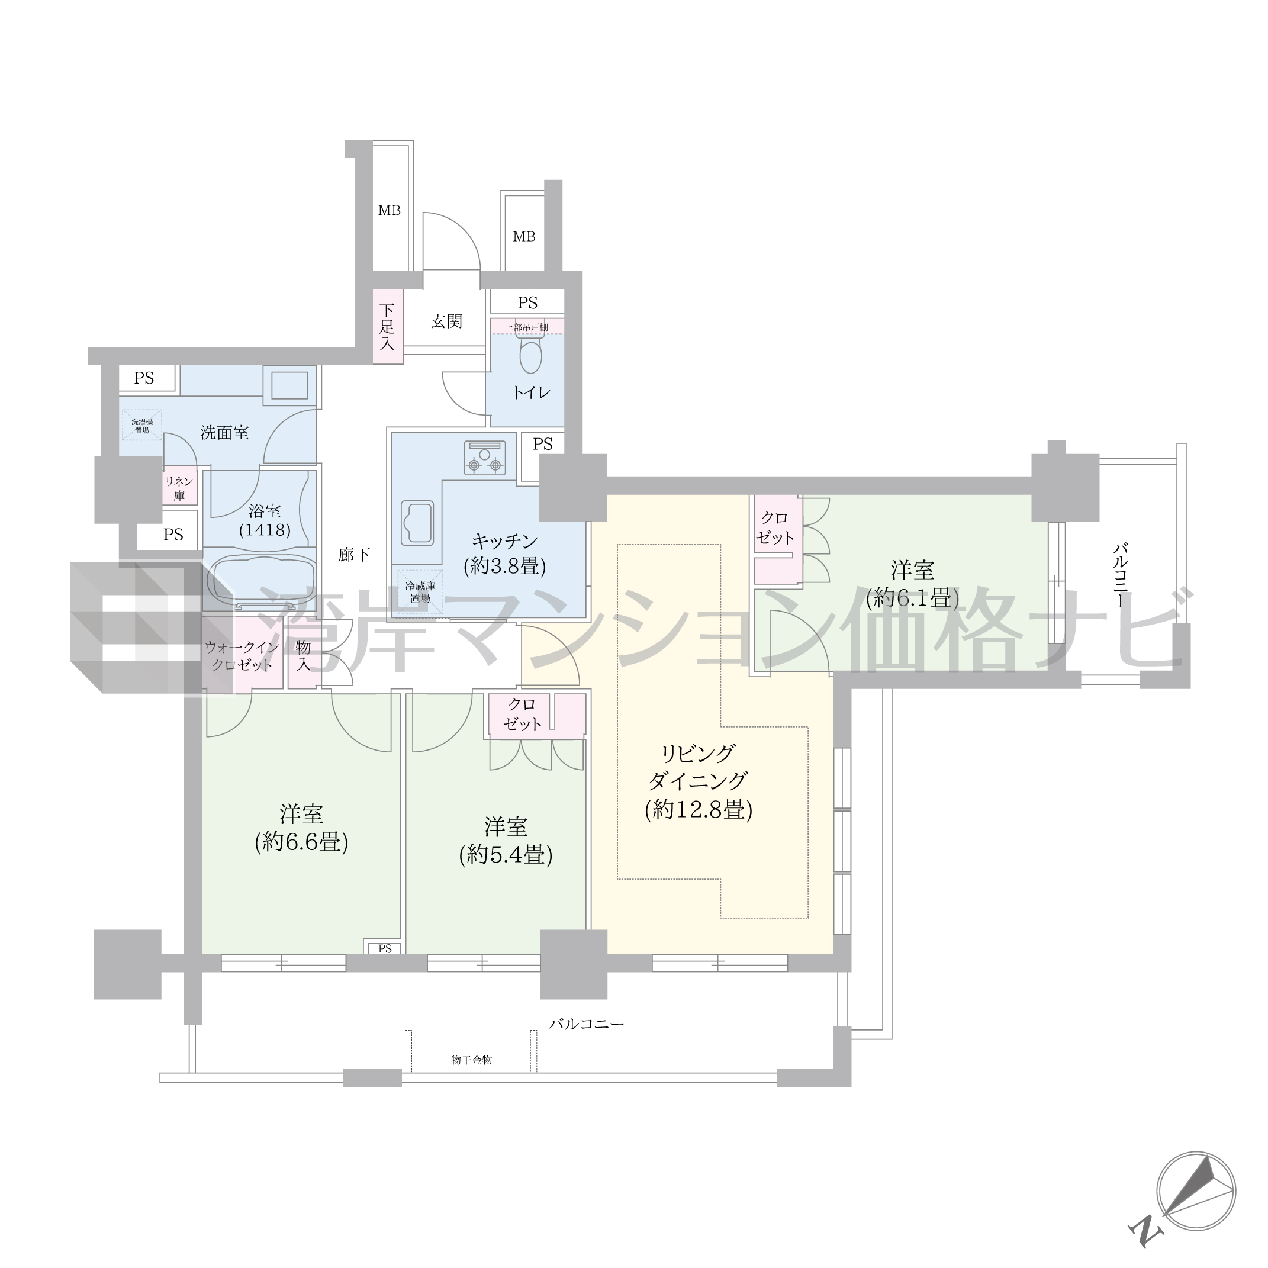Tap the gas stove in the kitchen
point(485,458)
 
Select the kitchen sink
point(417,523)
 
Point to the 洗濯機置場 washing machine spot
point(141,425)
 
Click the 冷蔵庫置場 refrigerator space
point(420,591)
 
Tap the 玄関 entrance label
point(446,321)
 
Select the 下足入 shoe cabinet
point(387,326)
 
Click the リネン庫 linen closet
point(179,488)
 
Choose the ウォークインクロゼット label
point(242,656)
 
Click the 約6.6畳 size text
point(301,842)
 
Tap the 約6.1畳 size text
point(912,598)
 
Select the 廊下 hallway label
point(355,555)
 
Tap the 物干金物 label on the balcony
point(471,1060)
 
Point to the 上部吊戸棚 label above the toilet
point(526,327)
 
